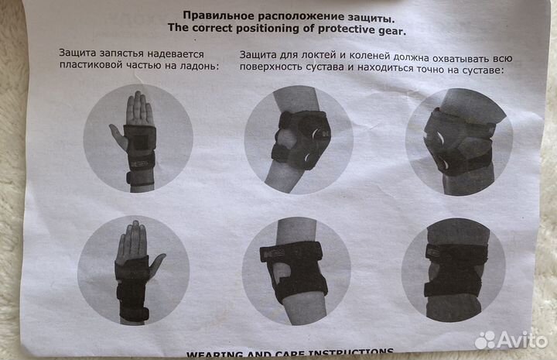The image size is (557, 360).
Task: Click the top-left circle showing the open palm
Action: [x=138, y=138]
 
